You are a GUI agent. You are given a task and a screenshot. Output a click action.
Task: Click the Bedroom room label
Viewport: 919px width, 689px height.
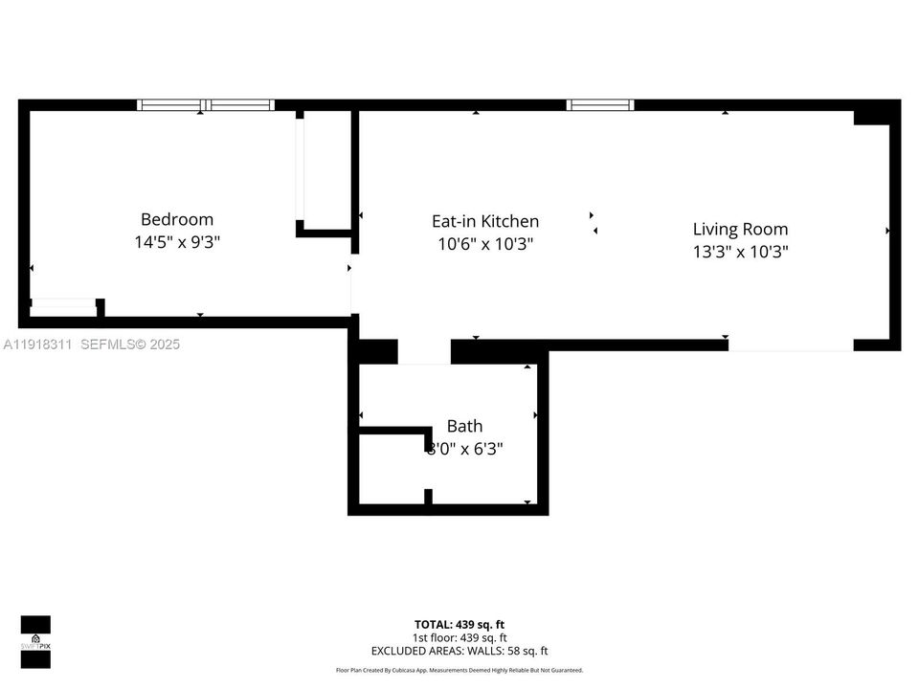pyautogui.click(x=177, y=219)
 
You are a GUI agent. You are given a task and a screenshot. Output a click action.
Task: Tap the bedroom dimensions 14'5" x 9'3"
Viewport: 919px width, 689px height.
pyautogui.click(x=177, y=242)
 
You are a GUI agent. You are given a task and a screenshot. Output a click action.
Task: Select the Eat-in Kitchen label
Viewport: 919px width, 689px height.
pyautogui.click(x=485, y=221)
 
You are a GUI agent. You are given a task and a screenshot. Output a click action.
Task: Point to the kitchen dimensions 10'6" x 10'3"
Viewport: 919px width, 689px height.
pyautogui.click(x=485, y=244)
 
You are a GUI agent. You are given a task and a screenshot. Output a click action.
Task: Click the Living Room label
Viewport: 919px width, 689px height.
pyautogui.click(x=740, y=229)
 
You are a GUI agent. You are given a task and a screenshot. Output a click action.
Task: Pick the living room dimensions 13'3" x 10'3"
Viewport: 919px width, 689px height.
pyautogui.click(x=740, y=252)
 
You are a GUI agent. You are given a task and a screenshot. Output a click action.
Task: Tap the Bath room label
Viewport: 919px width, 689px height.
pyautogui.click(x=464, y=426)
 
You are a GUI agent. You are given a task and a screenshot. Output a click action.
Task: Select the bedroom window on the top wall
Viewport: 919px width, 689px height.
pyautogui.click(x=205, y=105)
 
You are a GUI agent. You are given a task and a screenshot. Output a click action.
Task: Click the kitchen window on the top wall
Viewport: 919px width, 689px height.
pyautogui.click(x=600, y=105)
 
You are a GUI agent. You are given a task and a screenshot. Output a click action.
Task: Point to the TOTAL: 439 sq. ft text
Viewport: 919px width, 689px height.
pyautogui.click(x=459, y=624)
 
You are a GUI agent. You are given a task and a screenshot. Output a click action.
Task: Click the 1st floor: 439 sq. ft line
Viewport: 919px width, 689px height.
pyautogui.click(x=459, y=637)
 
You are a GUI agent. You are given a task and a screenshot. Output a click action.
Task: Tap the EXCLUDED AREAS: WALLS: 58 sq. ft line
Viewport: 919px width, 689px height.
pyautogui.click(x=459, y=651)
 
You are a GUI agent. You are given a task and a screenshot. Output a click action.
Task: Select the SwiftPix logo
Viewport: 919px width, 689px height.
pyautogui.click(x=35, y=635)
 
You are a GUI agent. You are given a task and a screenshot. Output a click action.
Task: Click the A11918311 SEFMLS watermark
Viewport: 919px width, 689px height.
pyautogui.click(x=92, y=344)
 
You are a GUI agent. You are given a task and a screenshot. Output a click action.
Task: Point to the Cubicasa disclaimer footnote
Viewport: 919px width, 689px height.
pyautogui.click(x=459, y=671)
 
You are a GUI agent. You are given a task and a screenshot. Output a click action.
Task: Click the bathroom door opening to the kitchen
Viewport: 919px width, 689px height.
pyautogui.click(x=423, y=352)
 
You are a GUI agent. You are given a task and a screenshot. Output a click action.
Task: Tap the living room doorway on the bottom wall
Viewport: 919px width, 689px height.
pyautogui.click(x=790, y=345)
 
